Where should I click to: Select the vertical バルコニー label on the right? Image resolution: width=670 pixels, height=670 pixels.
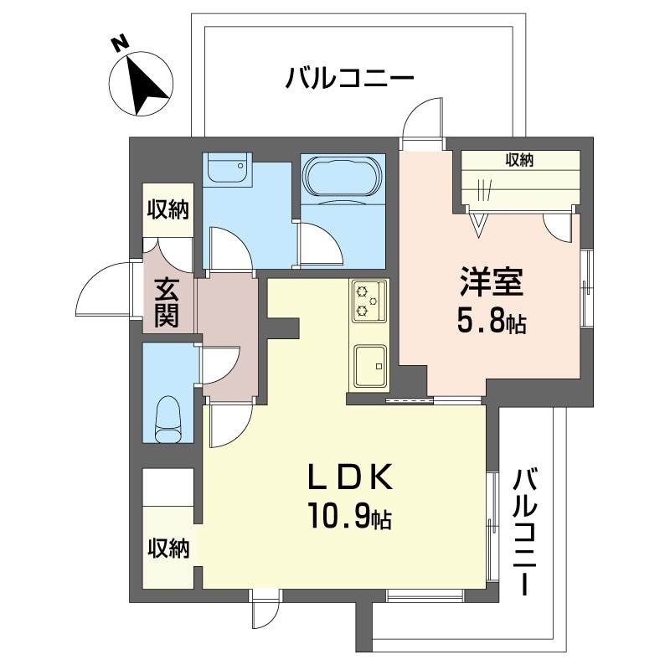525,531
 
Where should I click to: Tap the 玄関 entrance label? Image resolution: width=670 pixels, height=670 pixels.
167,302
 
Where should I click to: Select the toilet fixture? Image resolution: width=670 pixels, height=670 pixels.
170,419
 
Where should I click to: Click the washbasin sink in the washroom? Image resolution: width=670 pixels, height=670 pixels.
225,171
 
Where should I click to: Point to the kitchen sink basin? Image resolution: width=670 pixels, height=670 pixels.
369,365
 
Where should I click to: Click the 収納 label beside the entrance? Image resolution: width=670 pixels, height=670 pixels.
168,209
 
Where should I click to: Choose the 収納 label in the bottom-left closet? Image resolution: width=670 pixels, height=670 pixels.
168,549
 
